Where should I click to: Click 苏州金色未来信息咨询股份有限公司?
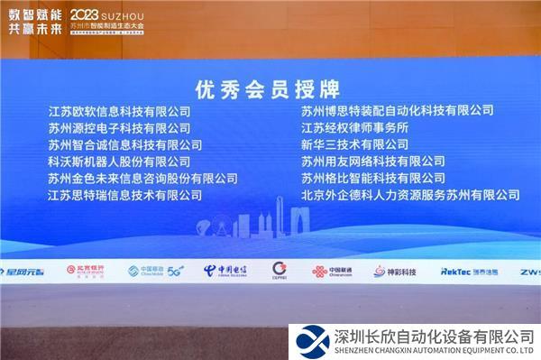(x=142, y=179)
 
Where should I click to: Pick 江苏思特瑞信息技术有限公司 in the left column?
(x=125, y=195)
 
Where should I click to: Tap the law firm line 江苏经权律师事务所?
(x=355, y=128)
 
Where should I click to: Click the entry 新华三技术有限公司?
(x=355, y=144)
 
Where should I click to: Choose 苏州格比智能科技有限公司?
(x=373, y=179)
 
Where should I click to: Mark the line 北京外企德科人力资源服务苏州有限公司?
(x=410, y=195)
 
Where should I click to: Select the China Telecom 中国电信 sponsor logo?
(x=224, y=270)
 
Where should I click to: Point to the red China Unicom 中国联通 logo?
(x=333, y=271)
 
